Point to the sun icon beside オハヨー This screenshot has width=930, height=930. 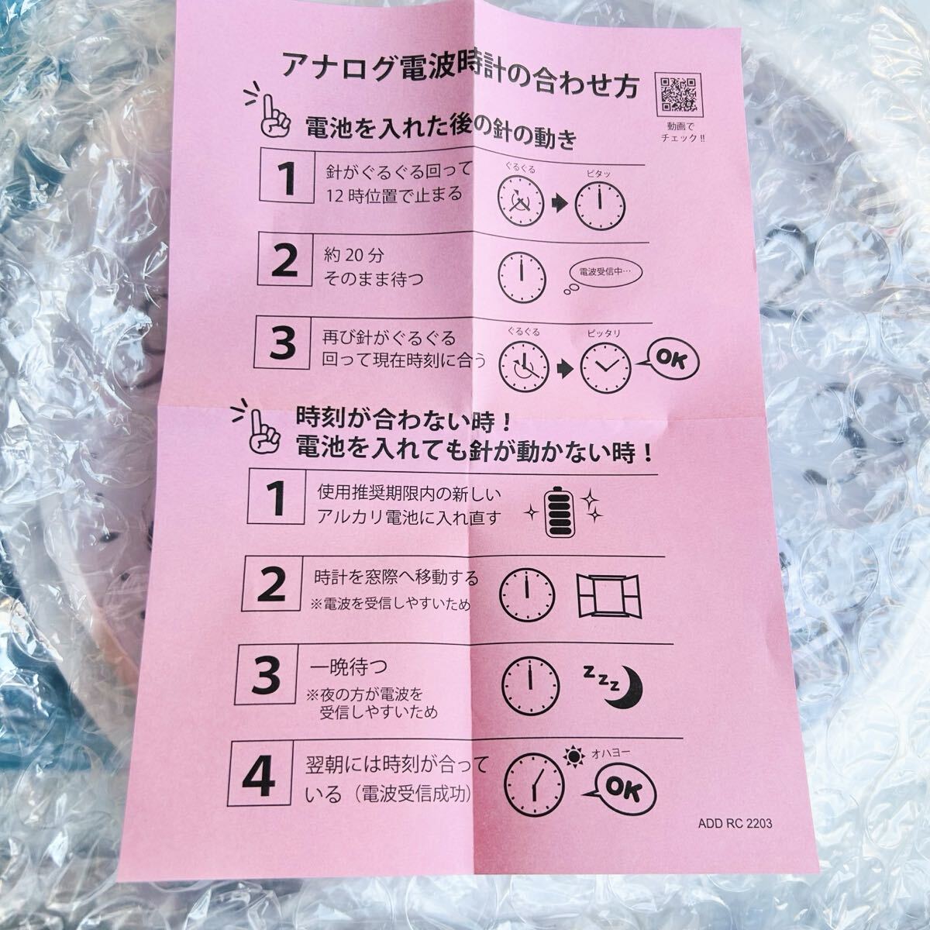coord(573,756)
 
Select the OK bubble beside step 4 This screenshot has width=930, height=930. coord(622,790)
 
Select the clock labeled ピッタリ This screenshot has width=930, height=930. coord(605,368)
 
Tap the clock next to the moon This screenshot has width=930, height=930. coord(530,685)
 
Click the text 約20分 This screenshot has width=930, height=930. coord(353,255)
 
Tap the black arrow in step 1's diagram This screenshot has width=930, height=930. coord(559,204)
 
